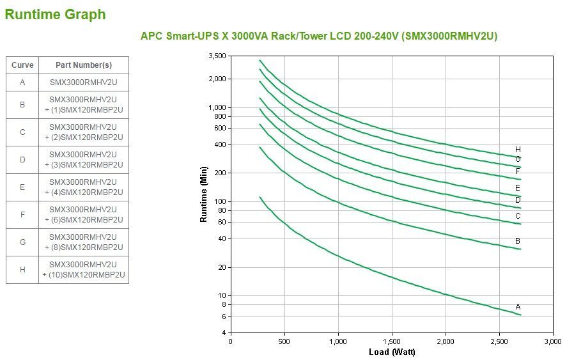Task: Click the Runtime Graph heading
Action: [x=55, y=14]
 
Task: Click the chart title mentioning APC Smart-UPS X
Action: [x=318, y=36]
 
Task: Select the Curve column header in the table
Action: [x=22, y=65]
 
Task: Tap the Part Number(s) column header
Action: [x=83, y=65]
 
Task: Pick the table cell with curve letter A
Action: [x=22, y=82]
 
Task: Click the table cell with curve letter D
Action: [x=22, y=160]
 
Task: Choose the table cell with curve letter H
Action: [x=22, y=270]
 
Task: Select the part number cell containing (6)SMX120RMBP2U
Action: [x=83, y=215]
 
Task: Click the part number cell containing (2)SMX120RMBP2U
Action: [x=83, y=132]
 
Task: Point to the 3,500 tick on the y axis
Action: [x=217, y=56]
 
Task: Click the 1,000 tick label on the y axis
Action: [x=217, y=107]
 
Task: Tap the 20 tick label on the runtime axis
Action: [x=222, y=267]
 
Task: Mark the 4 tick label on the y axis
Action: [x=224, y=333]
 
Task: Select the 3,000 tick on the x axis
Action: [x=552, y=341]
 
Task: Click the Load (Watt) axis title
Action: [x=391, y=352]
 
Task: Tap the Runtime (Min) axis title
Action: [x=204, y=194]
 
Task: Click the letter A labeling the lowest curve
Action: [x=518, y=307]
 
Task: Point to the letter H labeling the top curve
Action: [x=518, y=150]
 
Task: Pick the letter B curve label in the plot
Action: [x=518, y=241]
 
